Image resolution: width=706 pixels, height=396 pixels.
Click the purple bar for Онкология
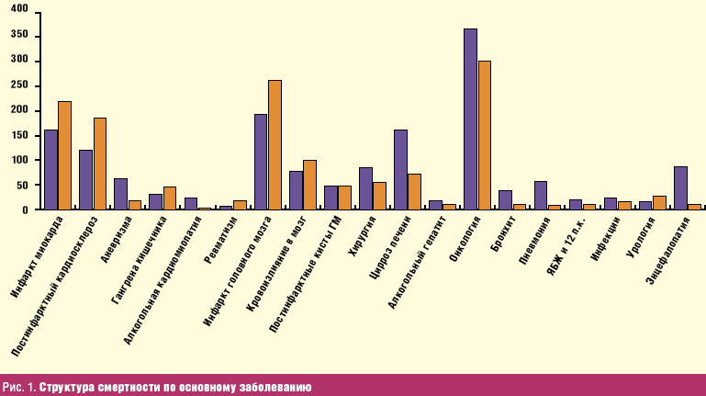[x=470, y=119]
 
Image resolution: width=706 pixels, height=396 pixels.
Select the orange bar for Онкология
[x=485, y=135]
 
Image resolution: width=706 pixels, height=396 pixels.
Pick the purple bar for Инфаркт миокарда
[x=50, y=170]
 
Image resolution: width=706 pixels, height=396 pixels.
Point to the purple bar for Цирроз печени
[x=400, y=170]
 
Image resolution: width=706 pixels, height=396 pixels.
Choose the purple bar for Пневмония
[x=541, y=196]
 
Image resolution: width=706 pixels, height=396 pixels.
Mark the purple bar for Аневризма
[x=120, y=194]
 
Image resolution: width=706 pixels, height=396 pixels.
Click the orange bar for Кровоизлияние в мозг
[x=309, y=185]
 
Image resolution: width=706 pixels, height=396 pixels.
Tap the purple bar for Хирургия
[x=365, y=188]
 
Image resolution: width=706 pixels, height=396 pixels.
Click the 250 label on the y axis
[x=20, y=85]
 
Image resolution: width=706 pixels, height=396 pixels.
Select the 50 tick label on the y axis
[x=23, y=185]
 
